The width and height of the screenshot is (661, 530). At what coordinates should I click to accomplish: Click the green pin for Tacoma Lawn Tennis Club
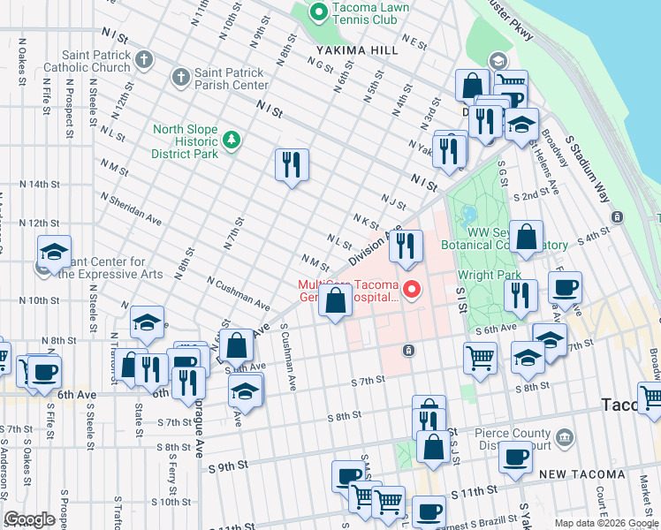tap(315, 12)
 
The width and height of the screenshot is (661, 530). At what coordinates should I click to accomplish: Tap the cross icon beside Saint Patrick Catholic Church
tap(144, 59)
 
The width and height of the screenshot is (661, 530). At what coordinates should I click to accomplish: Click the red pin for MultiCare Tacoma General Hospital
tap(410, 289)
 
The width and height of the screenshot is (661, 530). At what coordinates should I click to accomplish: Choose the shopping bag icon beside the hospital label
tap(336, 301)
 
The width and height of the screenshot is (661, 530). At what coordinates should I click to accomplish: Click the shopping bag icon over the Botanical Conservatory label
tap(527, 237)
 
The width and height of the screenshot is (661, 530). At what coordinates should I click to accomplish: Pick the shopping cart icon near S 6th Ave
tap(480, 358)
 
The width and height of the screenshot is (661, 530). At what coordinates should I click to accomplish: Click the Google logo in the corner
tap(29, 519)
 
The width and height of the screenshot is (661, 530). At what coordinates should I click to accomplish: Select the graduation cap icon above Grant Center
tap(54, 252)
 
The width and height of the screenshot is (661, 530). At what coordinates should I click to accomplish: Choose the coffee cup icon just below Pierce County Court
tap(516, 458)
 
